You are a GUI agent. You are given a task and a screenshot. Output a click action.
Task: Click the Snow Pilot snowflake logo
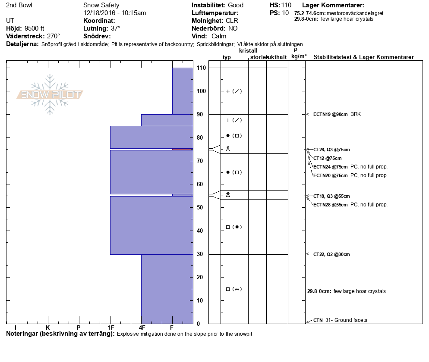(50, 94)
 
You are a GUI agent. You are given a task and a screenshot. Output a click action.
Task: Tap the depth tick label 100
(202, 91)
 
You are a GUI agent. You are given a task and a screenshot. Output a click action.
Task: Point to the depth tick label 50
(200, 208)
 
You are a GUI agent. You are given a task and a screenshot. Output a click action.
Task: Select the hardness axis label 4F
(142, 328)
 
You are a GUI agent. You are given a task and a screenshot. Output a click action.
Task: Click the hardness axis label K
(48, 328)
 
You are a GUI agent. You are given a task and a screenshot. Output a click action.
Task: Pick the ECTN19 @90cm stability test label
(331, 115)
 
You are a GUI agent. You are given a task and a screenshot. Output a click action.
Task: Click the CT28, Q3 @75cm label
(331, 150)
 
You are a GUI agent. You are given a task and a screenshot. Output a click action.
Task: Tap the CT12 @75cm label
(328, 159)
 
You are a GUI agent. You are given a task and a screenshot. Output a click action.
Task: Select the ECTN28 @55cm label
(331, 205)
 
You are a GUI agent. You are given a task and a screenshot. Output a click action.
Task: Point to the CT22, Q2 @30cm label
(331, 255)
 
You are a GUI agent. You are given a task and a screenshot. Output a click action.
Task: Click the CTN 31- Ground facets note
(341, 320)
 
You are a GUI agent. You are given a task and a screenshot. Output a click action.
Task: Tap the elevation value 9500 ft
(34, 28)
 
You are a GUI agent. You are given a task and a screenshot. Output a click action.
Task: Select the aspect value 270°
(54, 36)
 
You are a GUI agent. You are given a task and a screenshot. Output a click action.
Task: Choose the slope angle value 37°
(116, 28)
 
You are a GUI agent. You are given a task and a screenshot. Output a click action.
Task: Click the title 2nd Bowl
(19, 5)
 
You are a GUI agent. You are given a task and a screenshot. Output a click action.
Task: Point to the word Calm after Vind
(219, 36)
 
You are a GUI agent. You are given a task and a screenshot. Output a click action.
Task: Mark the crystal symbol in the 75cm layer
(228, 149)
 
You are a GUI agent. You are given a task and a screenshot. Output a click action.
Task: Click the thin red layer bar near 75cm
(183, 149)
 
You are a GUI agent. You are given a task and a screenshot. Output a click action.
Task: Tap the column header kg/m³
(299, 56)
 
